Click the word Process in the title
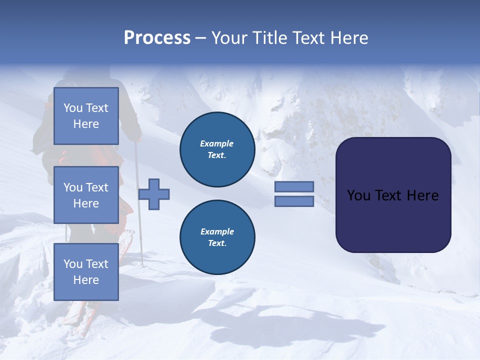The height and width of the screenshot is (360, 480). pyautogui.click(x=157, y=38)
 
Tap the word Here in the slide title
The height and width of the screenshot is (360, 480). pyautogui.click(x=348, y=38)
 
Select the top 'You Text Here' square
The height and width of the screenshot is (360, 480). pyautogui.click(x=86, y=116)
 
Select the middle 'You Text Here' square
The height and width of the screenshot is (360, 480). pyautogui.click(x=86, y=195)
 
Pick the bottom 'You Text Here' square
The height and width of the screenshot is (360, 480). pyautogui.click(x=86, y=272)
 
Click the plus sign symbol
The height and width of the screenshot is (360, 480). pyautogui.click(x=154, y=194)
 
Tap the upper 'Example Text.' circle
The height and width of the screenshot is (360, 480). pyautogui.click(x=217, y=149)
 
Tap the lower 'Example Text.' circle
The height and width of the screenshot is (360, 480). pyautogui.click(x=217, y=237)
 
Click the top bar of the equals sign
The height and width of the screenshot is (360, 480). pyautogui.click(x=294, y=186)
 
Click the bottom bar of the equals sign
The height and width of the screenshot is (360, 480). pyautogui.click(x=294, y=201)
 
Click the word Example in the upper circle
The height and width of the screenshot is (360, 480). pyautogui.click(x=217, y=143)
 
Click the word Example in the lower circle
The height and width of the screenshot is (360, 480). pyautogui.click(x=217, y=231)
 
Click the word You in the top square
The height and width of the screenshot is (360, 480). pyautogui.click(x=73, y=108)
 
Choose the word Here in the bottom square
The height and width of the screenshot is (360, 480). pyautogui.click(x=86, y=280)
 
